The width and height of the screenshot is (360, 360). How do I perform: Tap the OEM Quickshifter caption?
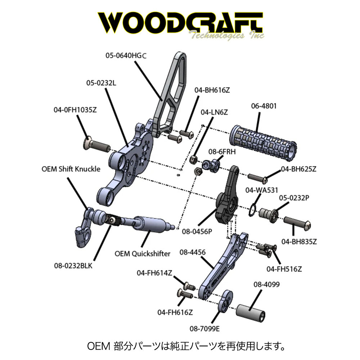point(143,253)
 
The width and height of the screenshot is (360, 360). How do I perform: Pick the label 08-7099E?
point(204,328)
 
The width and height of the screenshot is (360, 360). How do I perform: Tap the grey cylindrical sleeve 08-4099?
point(251,311)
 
